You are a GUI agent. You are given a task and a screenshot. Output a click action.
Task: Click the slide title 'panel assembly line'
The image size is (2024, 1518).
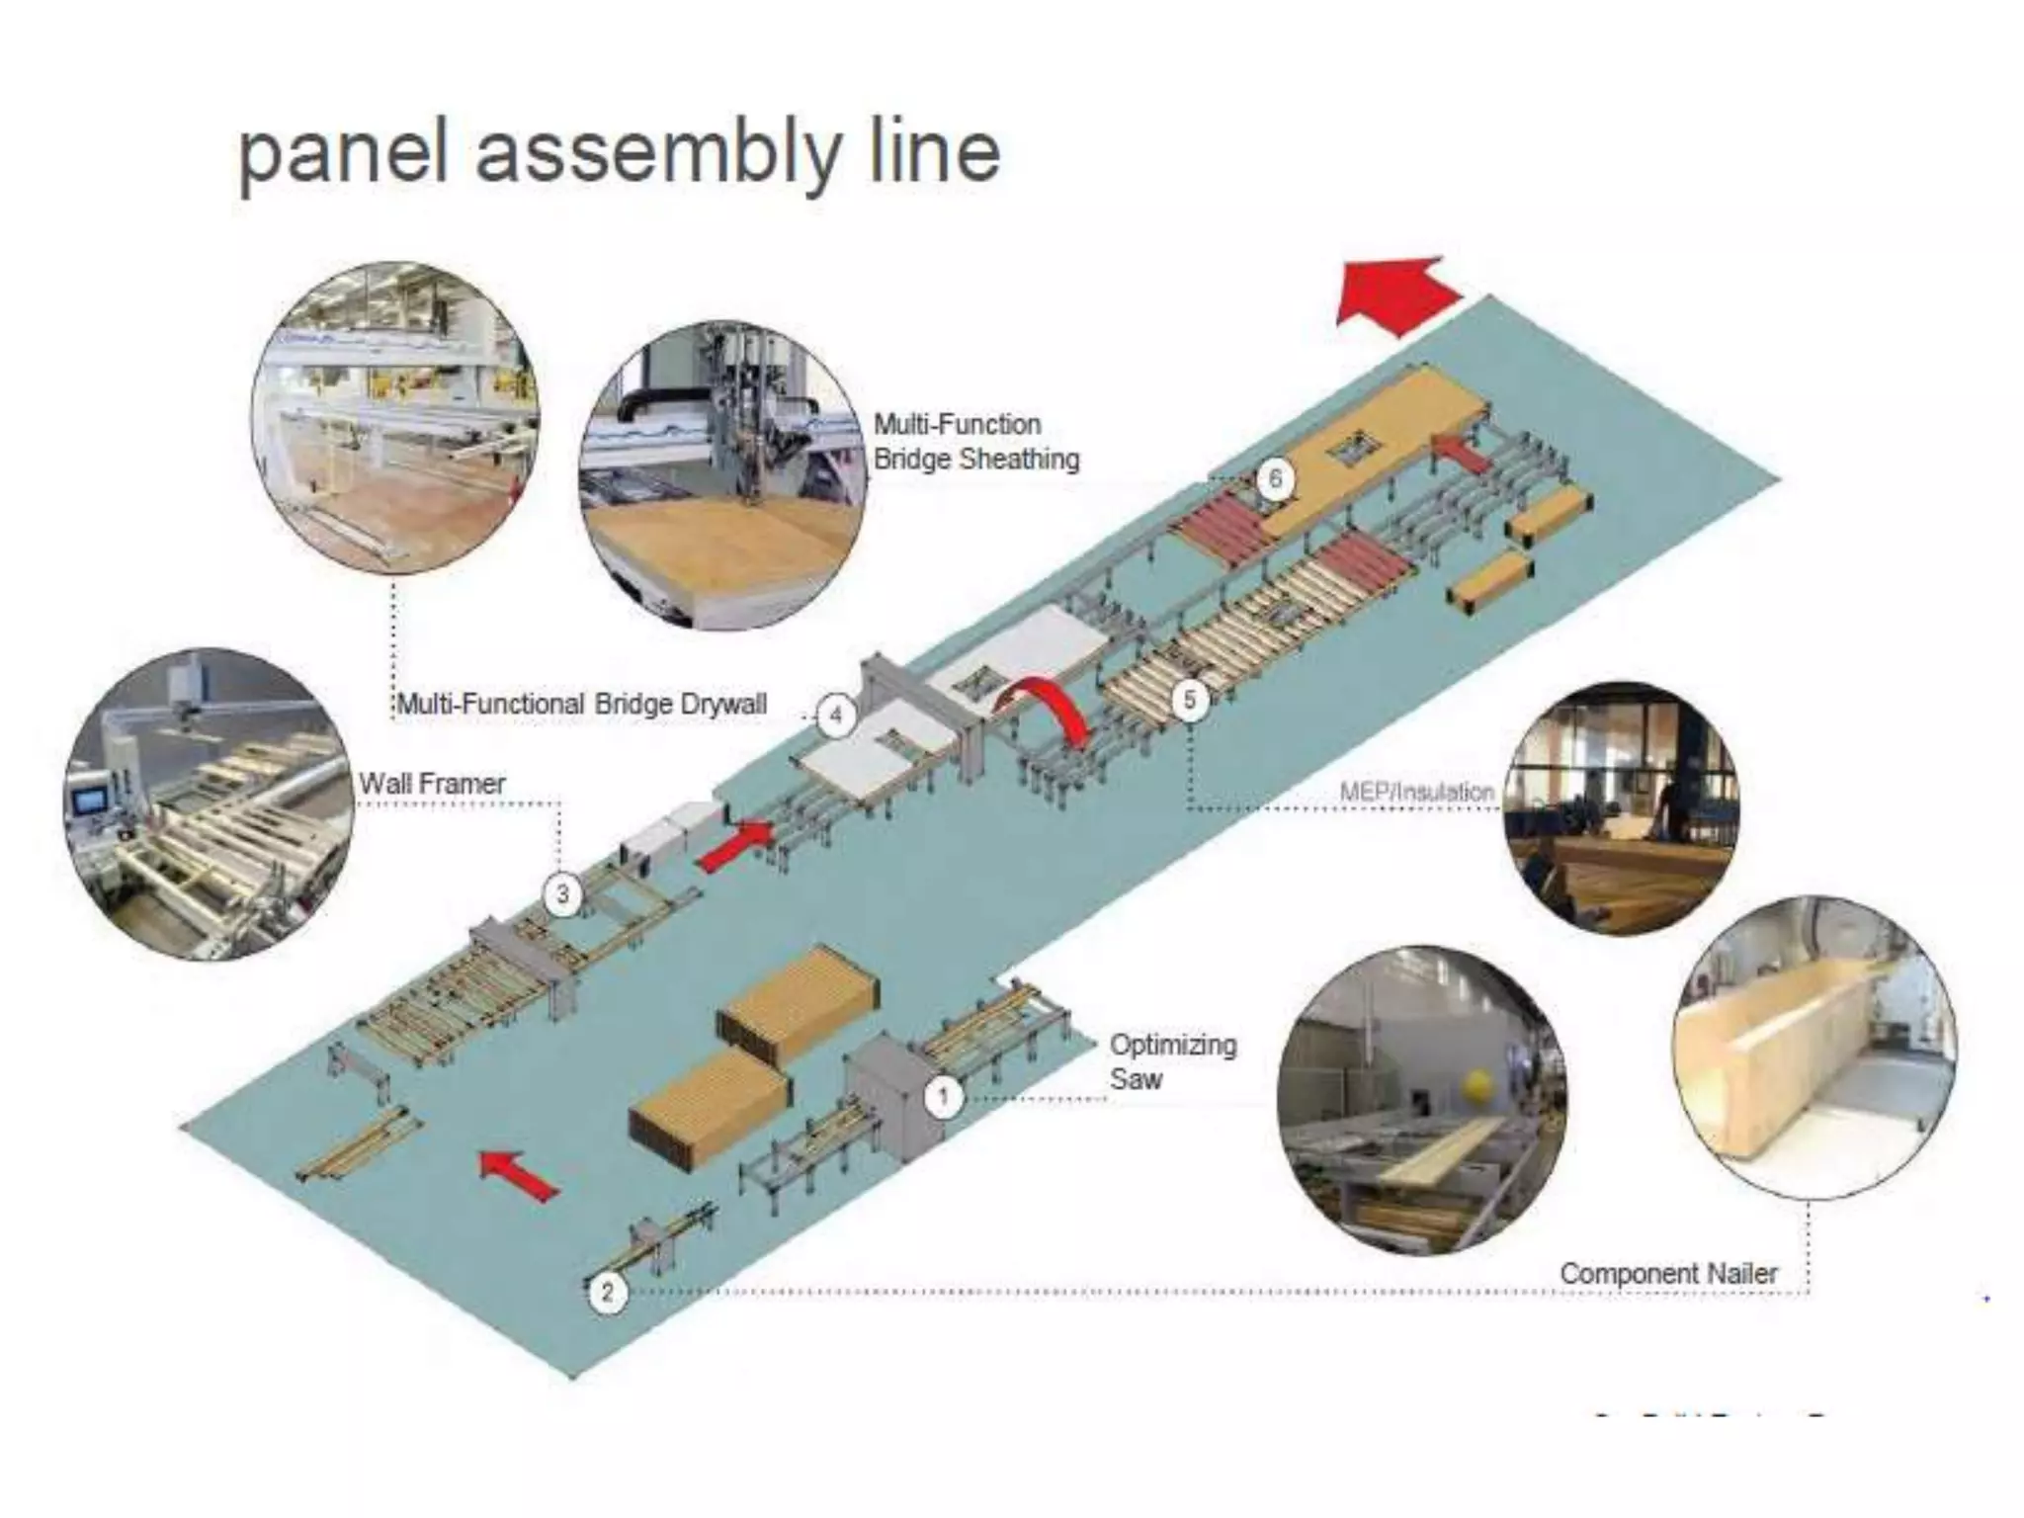click(x=619, y=153)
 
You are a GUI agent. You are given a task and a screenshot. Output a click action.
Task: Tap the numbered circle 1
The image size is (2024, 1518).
click(x=943, y=1097)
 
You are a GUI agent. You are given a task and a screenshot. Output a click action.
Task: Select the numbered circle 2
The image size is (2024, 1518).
click(x=607, y=1291)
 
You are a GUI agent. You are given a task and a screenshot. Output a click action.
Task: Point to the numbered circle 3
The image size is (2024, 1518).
click(x=562, y=894)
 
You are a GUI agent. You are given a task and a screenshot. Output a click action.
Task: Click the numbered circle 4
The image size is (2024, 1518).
click(x=836, y=715)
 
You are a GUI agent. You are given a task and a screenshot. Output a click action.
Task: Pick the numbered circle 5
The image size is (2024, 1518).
click(x=1189, y=700)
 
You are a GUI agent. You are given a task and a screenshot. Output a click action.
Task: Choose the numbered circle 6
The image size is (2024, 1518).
click(x=1274, y=479)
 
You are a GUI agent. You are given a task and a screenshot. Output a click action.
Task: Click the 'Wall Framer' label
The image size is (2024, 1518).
click(x=432, y=784)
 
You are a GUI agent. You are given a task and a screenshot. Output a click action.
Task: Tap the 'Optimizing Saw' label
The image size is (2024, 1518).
click(x=1172, y=1061)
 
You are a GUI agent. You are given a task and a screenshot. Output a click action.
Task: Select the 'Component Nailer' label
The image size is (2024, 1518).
click(x=1668, y=1273)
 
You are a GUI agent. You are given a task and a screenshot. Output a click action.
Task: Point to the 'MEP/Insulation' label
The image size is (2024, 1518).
click(x=1416, y=792)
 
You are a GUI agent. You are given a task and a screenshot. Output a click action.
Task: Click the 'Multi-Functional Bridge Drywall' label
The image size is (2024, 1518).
click(x=581, y=704)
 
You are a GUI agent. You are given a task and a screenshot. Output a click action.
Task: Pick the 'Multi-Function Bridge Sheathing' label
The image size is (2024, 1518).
click(x=975, y=442)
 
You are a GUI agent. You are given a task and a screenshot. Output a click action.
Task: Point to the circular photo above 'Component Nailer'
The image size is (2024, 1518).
click(x=1813, y=1046)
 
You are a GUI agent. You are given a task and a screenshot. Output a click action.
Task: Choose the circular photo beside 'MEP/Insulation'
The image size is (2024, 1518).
click(x=1621, y=808)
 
